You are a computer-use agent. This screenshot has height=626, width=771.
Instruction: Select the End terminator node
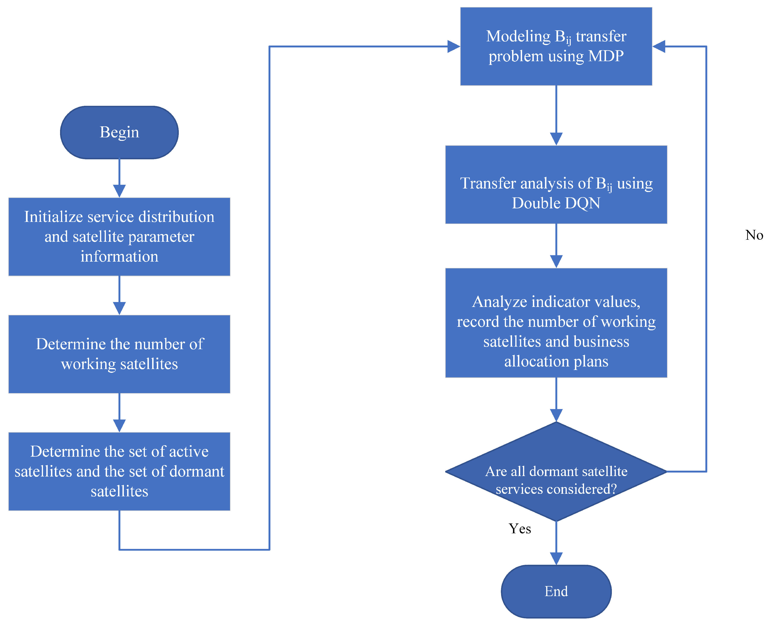pyautogui.click(x=556, y=591)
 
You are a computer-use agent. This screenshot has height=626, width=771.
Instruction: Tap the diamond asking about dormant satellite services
pyautogui.click(x=556, y=472)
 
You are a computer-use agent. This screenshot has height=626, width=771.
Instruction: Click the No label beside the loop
pyautogui.click(x=754, y=235)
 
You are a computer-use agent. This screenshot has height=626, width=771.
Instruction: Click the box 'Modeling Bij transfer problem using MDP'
pyautogui.click(x=556, y=46)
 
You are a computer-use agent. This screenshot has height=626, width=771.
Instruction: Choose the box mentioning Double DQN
pyautogui.click(x=556, y=185)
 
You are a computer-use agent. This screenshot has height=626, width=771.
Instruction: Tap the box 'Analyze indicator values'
pyautogui.click(x=556, y=323)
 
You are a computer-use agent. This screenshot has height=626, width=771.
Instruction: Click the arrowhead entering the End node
pyautogui.click(x=556, y=558)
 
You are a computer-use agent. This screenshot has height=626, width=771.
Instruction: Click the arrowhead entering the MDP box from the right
pyautogui.click(x=659, y=46)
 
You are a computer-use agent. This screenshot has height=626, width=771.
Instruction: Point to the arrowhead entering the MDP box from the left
pyautogui.click(x=453, y=46)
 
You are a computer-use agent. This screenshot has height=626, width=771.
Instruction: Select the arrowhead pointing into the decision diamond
pyautogui.click(x=556, y=415)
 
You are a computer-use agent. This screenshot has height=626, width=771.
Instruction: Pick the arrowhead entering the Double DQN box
pyautogui.click(x=556, y=139)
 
